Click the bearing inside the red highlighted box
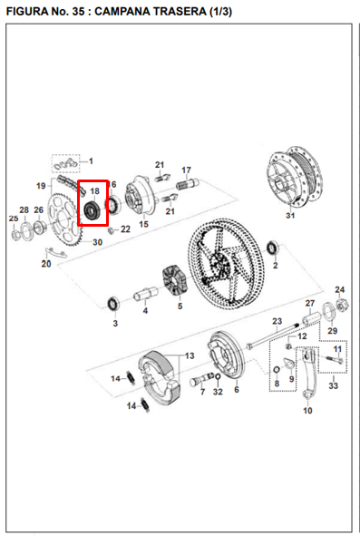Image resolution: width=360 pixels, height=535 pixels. [92, 212]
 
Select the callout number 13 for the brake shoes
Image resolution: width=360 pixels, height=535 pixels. [189, 356]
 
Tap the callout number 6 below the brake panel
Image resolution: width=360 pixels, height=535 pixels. [237, 390]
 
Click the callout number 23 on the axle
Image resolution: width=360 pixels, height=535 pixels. [278, 320]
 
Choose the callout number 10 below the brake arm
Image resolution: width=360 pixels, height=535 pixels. [306, 411]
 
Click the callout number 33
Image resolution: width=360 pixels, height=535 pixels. [333, 386]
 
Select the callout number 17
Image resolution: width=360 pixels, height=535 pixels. [186, 170]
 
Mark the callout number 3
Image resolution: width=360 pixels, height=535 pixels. [114, 323]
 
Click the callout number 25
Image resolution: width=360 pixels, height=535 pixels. [14, 219]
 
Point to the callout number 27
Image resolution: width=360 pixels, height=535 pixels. [309, 303]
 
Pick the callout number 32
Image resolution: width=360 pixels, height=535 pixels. [218, 392]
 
